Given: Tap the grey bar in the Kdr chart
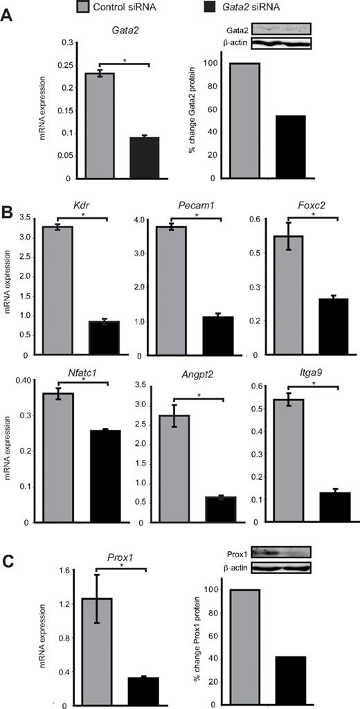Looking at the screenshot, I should [58, 290].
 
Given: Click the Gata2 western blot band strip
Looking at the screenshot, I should [281, 28].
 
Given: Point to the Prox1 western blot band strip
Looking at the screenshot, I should [281, 552].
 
